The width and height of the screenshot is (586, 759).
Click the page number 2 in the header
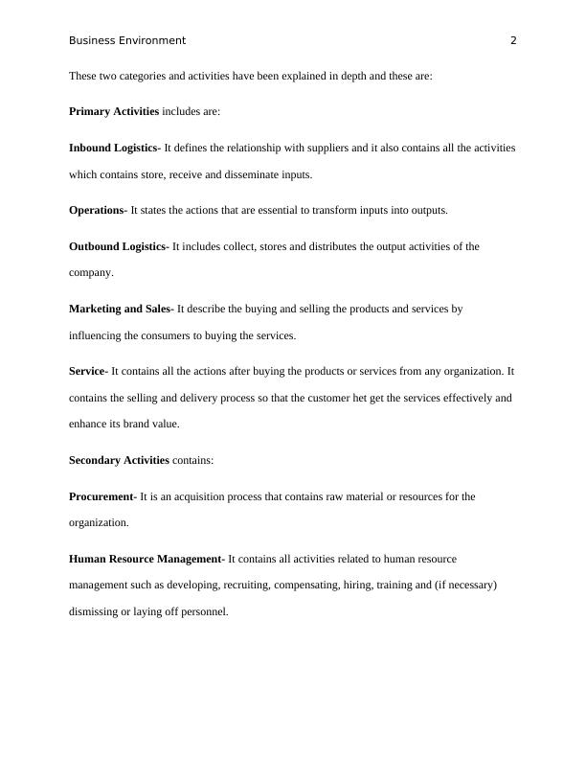[x=513, y=40]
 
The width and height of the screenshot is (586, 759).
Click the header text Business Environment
[x=127, y=40]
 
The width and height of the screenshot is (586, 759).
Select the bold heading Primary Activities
[x=114, y=112]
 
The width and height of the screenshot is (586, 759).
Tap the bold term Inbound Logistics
[x=113, y=149]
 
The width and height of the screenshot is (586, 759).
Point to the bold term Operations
[x=96, y=210]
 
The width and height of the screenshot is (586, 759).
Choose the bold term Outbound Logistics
[x=117, y=246]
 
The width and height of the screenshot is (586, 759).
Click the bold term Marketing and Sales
[x=119, y=310]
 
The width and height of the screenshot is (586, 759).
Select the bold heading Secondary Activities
[x=119, y=461]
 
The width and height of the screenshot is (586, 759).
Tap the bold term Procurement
[x=101, y=497]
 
